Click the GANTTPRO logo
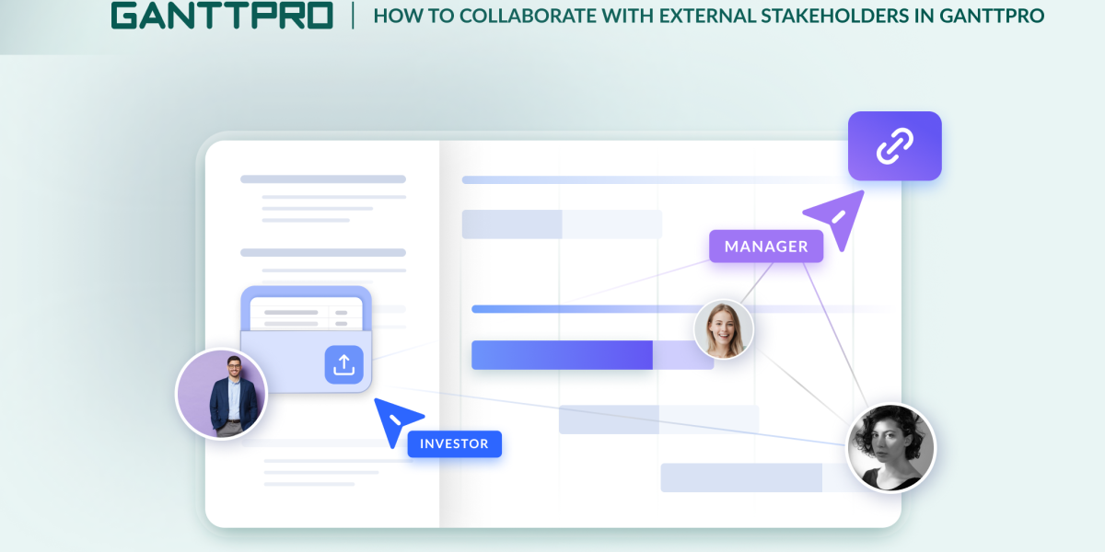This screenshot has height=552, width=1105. (x=222, y=16)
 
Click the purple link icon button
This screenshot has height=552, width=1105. (x=894, y=146)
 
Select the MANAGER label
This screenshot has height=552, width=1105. (x=766, y=247)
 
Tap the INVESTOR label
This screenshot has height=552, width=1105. (x=454, y=444)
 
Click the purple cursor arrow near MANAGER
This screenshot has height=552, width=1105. (x=836, y=218)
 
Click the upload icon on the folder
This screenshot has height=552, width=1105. (x=343, y=365)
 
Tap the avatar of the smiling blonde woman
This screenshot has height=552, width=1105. (x=723, y=329)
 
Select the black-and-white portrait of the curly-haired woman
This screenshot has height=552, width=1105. (x=890, y=448)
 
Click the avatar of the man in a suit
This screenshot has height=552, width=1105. (x=221, y=394)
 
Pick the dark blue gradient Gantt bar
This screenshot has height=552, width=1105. (x=562, y=355)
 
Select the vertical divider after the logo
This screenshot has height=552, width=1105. (x=353, y=16)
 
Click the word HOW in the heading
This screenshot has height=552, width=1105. (x=391, y=16)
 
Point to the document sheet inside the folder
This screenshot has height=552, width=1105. (x=307, y=313)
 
